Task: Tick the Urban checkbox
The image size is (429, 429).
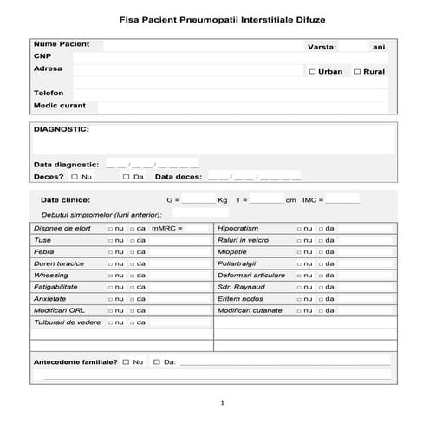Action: click(x=312, y=72)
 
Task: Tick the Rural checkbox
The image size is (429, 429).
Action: click(x=357, y=72)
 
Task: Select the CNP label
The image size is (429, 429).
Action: click(x=42, y=55)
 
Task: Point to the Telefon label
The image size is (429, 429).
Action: click(x=49, y=92)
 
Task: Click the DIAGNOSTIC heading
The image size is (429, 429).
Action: click(x=61, y=129)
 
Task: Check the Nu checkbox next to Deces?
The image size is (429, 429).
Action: click(x=75, y=176)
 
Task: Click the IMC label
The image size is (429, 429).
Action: click(x=309, y=199)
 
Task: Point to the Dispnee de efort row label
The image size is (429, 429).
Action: click(x=62, y=228)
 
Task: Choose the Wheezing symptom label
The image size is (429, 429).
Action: click(x=50, y=274)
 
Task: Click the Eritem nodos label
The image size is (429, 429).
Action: click(x=239, y=298)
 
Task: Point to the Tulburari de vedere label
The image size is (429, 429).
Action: click(x=67, y=322)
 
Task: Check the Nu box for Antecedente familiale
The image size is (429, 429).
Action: click(x=126, y=361)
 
